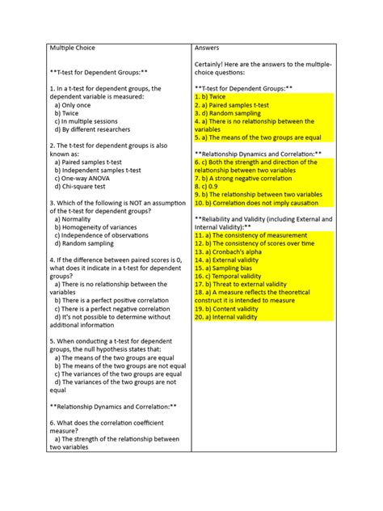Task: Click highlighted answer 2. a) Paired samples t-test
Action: pyautogui.click(x=239, y=105)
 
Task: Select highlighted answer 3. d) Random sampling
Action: pyautogui.click(x=234, y=113)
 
